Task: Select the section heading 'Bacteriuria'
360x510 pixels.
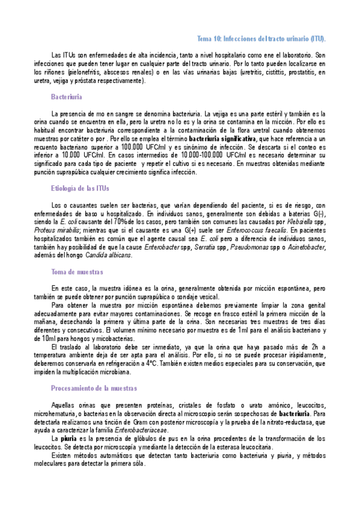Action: point(67,97)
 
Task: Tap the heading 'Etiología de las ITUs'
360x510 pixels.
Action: point(80,188)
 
